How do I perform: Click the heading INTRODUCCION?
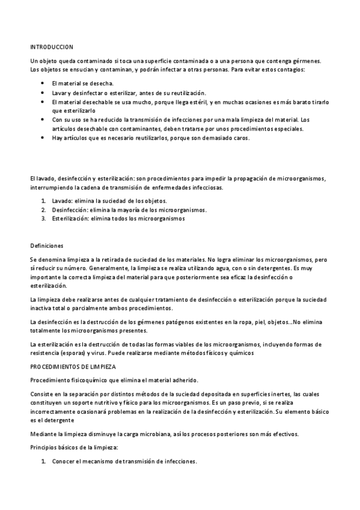pos(52,46)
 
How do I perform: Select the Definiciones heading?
pos(46,245)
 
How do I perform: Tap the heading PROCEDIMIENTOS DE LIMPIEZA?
pos(73,366)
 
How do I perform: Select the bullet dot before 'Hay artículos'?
pos(42,138)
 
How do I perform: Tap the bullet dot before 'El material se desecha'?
pos(42,83)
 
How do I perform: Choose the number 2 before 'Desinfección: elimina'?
pos(44,210)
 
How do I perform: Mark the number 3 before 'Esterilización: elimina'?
pos(44,219)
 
